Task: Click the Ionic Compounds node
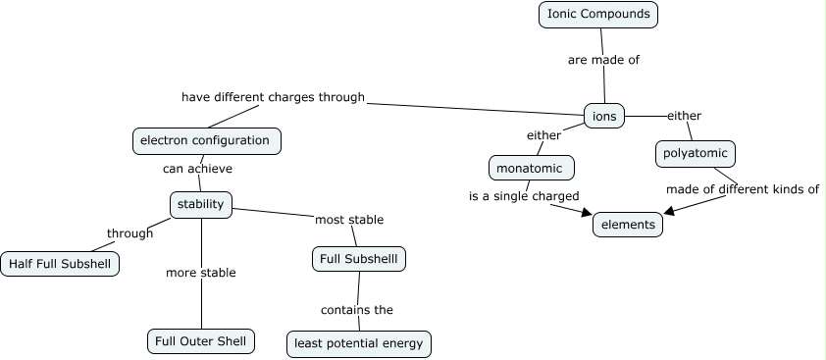point(597,15)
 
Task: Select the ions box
point(604,116)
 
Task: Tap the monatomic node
point(531,168)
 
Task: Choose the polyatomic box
point(695,154)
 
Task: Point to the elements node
point(628,225)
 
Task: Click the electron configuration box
point(206,140)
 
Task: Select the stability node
point(200,204)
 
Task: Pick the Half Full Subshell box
point(60,264)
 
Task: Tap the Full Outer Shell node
point(201,341)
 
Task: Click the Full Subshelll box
point(358,259)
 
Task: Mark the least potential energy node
point(359,343)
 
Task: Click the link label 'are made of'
point(603,60)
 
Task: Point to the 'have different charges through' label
point(273,97)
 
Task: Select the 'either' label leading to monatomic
point(543,134)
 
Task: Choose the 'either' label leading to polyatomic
point(684,116)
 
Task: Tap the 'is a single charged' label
point(524,196)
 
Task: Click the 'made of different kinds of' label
point(742,189)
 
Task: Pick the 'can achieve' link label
point(197,169)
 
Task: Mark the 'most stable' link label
point(348,220)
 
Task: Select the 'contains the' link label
point(356,310)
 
